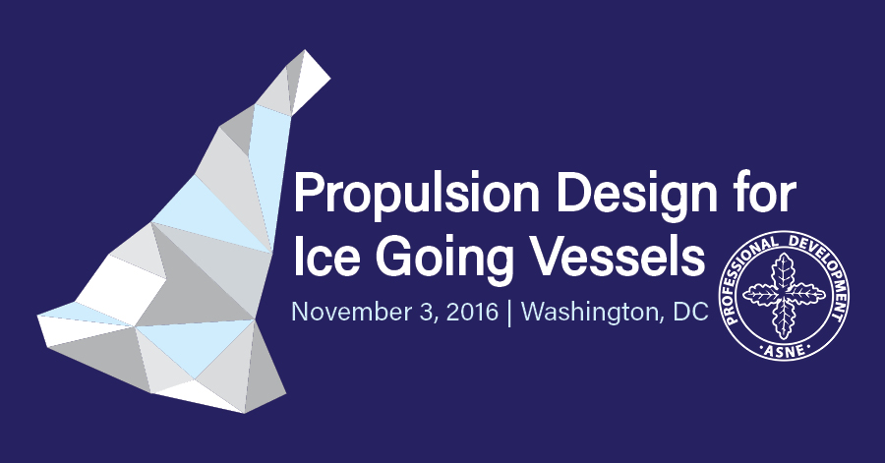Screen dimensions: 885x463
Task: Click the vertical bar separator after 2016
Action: [509, 313]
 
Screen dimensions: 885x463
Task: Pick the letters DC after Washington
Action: [691, 312]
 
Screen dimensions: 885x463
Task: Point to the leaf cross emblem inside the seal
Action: [785, 296]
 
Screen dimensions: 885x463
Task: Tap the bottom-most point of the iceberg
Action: [245, 413]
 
